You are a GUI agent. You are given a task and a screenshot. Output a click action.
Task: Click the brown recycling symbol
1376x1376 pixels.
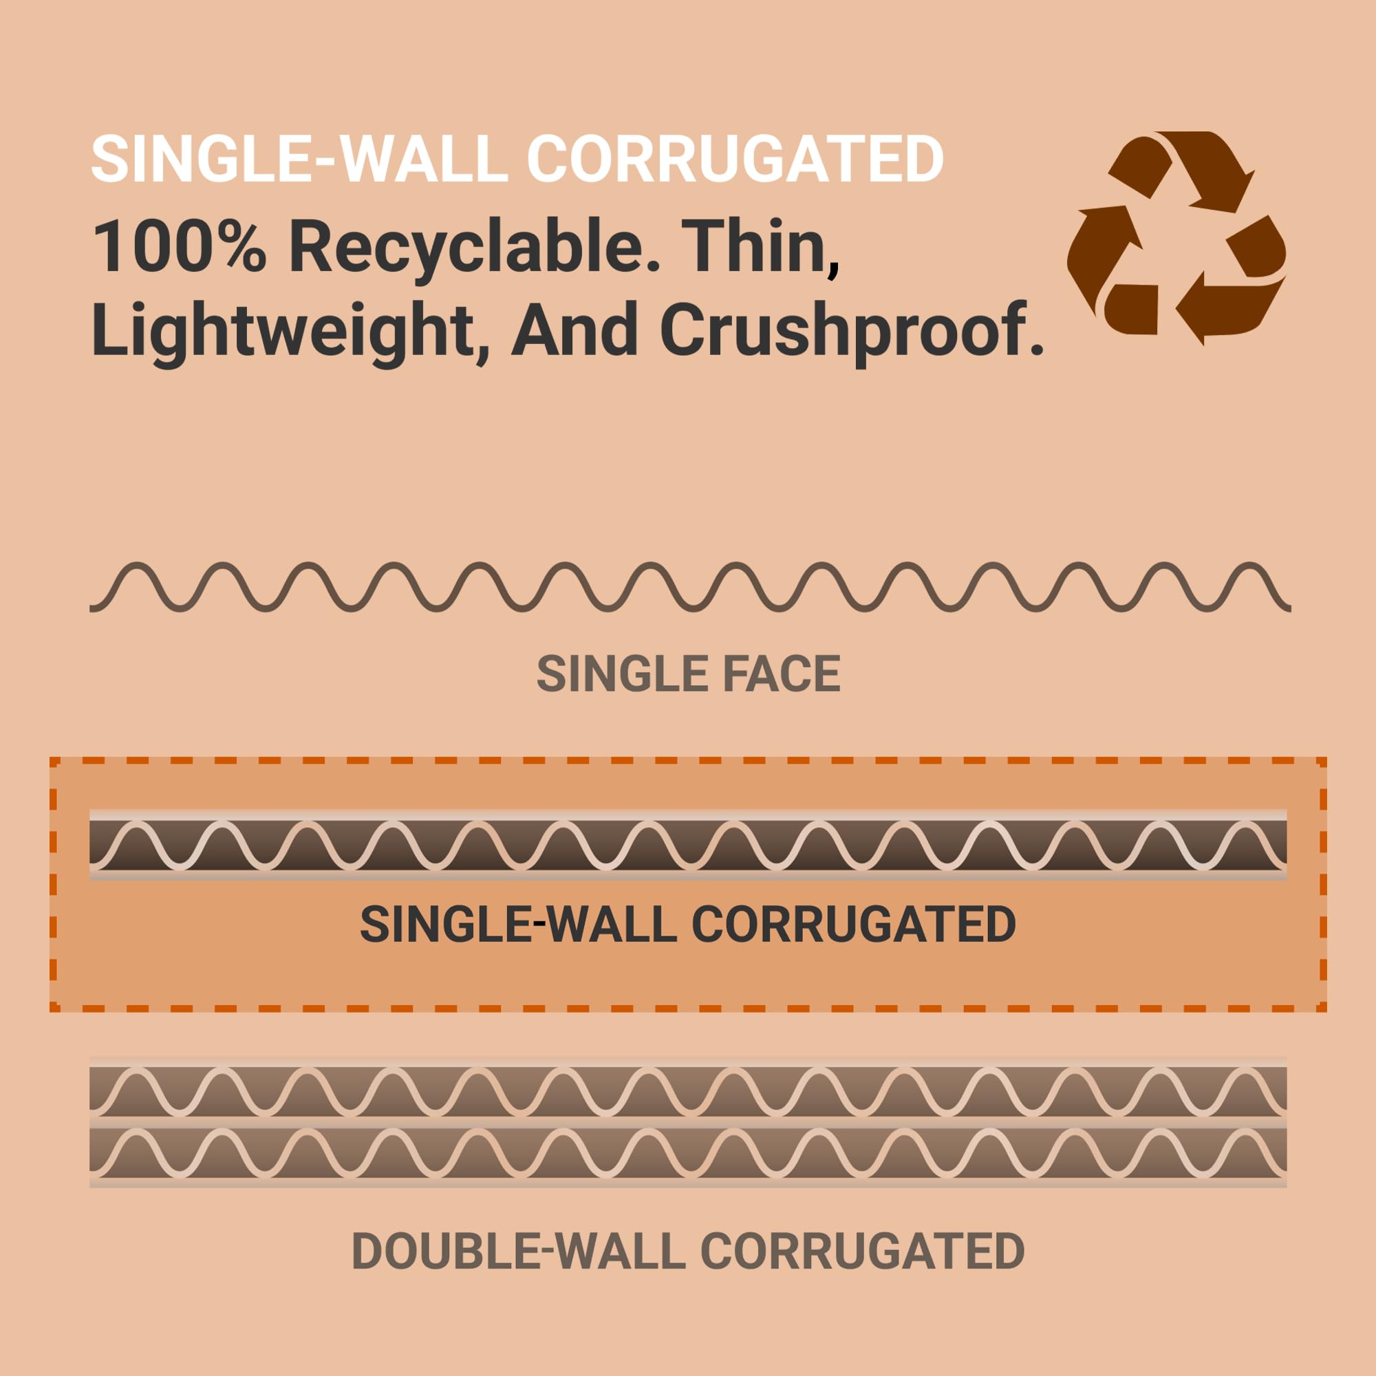(1176, 238)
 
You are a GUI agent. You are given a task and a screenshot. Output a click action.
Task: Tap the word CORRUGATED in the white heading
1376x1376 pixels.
(735, 159)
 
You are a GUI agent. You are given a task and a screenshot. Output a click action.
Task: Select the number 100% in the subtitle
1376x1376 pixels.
(180, 246)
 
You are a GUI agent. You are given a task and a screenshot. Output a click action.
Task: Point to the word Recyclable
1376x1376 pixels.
(474, 248)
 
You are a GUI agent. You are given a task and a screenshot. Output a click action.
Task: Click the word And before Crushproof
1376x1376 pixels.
(574, 329)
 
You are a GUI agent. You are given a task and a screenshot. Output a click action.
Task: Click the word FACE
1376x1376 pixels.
(782, 674)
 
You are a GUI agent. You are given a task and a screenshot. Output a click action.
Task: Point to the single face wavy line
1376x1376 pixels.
(689, 587)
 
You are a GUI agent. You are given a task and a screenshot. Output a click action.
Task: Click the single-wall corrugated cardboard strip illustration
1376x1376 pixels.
(688, 845)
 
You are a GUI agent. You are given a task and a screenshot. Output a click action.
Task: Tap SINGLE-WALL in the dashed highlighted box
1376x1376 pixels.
(518, 925)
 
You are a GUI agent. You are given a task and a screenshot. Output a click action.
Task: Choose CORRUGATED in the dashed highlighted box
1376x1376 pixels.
(853, 925)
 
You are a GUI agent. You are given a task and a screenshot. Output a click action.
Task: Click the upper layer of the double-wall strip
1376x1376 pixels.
(688, 1090)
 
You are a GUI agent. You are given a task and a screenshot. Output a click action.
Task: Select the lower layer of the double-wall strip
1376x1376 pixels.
(688, 1154)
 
